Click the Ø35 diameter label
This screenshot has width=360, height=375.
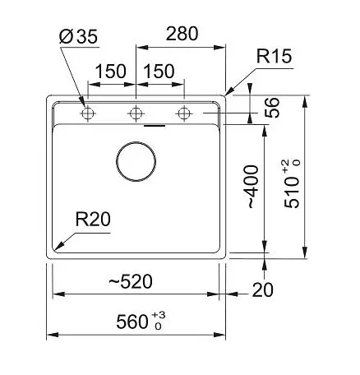[78, 36]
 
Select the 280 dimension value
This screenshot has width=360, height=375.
[182, 34]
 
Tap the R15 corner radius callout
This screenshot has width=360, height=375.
[274, 56]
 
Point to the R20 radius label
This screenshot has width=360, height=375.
[93, 219]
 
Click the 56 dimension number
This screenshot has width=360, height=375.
[273, 108]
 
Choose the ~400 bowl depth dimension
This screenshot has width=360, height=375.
[252, 187]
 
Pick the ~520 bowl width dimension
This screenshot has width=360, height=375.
[131, 281]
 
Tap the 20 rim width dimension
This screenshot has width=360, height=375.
[262, 290]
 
